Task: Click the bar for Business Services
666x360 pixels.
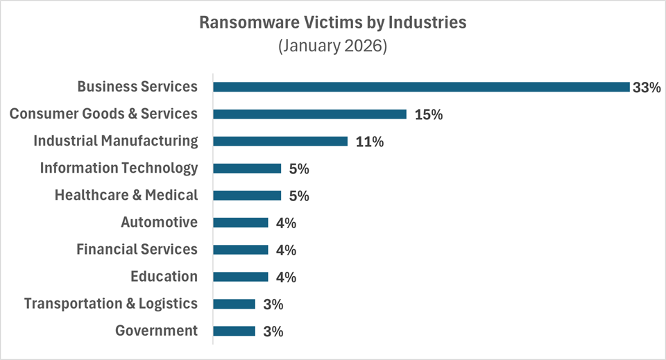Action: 421,87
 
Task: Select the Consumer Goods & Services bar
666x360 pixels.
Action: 309,114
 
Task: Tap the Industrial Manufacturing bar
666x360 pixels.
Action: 280,141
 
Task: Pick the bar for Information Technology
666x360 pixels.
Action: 247,168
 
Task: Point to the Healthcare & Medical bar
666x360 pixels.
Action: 247,195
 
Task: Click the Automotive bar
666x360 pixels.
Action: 241,223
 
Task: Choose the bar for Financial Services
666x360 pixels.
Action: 241,250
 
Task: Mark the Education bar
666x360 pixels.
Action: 241,277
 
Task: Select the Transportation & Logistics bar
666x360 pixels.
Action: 234,304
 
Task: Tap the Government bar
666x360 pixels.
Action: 234,331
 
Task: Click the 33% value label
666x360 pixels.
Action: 646,87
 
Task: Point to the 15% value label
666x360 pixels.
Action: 428,114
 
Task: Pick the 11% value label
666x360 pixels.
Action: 369,142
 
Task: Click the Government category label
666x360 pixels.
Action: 157,330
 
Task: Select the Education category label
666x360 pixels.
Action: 164,276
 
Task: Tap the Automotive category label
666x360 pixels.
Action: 160,222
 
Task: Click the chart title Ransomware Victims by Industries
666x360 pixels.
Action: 333,22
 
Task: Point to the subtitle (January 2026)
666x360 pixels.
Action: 332,47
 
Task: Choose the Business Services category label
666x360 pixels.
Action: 137,87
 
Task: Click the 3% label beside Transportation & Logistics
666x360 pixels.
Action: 273,305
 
